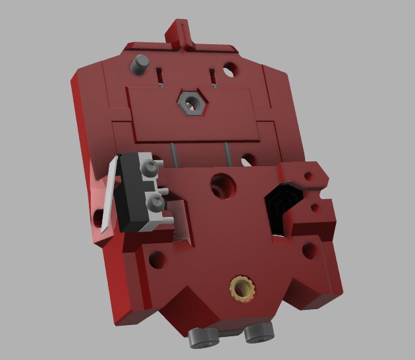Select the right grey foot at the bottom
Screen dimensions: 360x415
pos(259,333)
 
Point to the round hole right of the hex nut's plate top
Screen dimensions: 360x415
pos(230,68)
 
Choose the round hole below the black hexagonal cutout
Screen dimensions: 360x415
pos(309,251)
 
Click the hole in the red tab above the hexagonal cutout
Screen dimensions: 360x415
pos(308,175)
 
